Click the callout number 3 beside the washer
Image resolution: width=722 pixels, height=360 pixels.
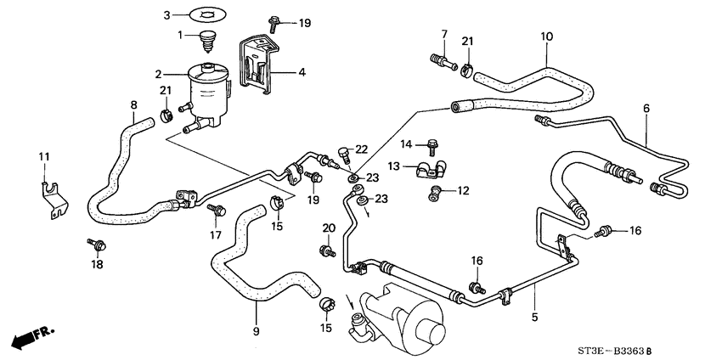[x=167, y=15]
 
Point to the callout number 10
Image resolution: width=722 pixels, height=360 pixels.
[x=547, y=37]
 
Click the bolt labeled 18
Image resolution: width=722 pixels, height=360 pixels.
[x=97, y=244]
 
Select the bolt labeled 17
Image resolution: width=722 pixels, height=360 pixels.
[x=217, y=210]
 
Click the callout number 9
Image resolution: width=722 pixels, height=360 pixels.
[x=256, y=331]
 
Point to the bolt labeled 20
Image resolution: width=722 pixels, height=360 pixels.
[x=327, y=250]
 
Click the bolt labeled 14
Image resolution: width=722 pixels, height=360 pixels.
[x=432, y=146]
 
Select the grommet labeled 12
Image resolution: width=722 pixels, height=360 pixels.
[x=434, y=194]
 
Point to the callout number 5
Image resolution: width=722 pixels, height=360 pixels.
[x=534, y=317]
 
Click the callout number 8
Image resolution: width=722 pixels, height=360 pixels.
[x=133, y=105]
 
